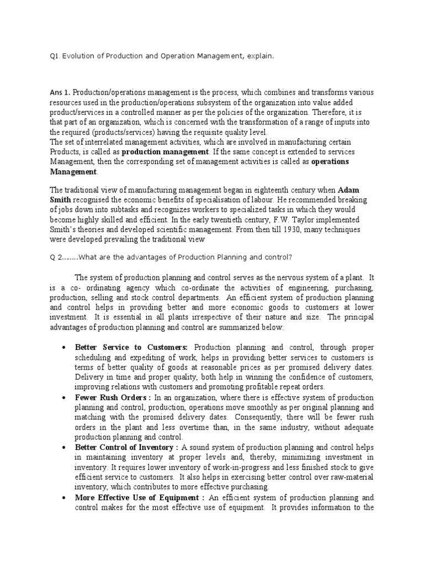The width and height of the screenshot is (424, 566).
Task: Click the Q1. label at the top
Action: coord(55,56)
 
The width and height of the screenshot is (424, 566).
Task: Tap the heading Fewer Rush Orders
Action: coord(113,397)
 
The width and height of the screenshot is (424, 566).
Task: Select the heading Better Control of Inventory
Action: coord(126,447)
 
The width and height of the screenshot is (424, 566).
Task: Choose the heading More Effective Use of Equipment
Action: coord(140,497)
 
